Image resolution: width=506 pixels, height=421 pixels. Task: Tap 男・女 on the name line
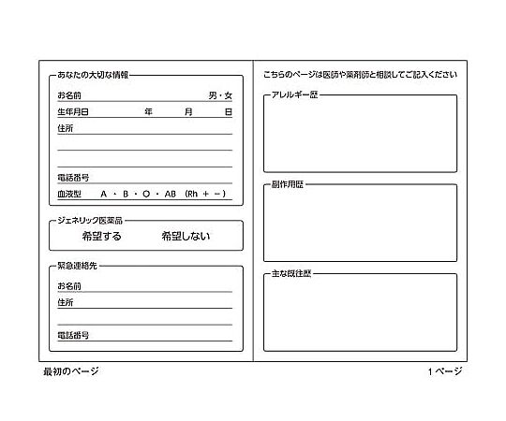(x=220, y=95)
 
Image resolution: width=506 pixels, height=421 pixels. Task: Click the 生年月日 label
(x=72, y=111)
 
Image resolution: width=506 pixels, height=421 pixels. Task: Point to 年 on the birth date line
(x=148, y=111)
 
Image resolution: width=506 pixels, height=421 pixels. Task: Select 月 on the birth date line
(x=188, y=111)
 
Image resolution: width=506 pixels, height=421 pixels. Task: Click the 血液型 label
(x=69, y=194)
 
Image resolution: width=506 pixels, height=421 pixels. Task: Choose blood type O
(x=146, y=194)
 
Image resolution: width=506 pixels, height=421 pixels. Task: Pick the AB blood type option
(x=170, y=194)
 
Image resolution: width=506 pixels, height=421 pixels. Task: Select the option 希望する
(x=102, y=237)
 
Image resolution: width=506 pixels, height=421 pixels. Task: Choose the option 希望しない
(x=186, y=237)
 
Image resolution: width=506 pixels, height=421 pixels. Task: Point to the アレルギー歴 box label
(x=293, y=95)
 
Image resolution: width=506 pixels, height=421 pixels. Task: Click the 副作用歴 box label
(x=288, y=184)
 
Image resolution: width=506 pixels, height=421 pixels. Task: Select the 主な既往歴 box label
(x=290, y=273)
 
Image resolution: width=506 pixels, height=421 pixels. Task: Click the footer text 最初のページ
(x=70, y=371)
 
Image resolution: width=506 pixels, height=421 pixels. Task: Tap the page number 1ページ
(x=444, y=371)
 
